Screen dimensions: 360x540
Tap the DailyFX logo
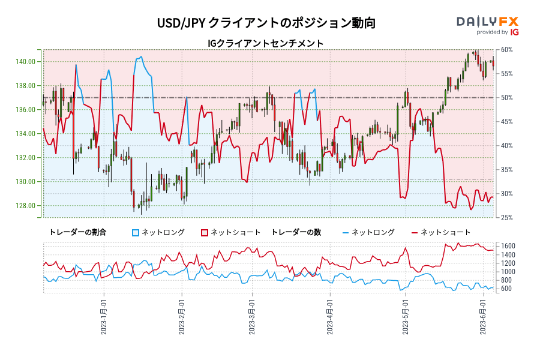487,22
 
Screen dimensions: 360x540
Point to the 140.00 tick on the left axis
25,62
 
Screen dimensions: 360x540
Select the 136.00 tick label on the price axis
25,110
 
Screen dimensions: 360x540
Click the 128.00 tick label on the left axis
25,206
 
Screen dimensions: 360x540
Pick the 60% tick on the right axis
507,50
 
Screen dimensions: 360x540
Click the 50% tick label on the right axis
507,98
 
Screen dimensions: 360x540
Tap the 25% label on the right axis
507,218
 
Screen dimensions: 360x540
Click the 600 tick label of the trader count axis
507,289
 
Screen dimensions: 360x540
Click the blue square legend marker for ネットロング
136,232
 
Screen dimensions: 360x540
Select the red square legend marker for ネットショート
205,232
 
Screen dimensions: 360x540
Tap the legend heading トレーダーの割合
77,232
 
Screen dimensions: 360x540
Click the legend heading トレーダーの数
296,232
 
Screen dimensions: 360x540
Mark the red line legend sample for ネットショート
415,232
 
